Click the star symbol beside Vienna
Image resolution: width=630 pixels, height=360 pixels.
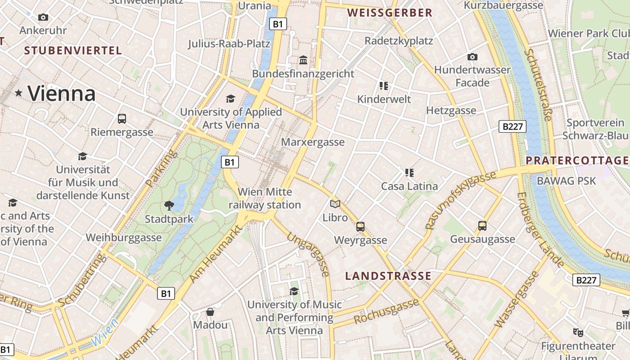pos(18,93)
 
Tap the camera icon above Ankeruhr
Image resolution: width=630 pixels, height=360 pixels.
pos(43,17)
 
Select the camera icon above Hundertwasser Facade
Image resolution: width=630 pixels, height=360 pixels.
pos(472,57)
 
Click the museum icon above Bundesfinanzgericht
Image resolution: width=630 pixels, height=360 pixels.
pos(303,60)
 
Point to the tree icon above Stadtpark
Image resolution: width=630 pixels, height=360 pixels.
pos(169,206)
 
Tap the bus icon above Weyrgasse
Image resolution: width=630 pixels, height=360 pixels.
pos(360,226)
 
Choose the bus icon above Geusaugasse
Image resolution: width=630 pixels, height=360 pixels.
pos(482,225)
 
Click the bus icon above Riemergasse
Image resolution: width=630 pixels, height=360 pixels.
pos(122,119)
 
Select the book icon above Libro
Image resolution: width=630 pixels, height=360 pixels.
pos(335,204)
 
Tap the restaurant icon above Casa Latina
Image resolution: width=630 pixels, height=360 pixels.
pos(409,172)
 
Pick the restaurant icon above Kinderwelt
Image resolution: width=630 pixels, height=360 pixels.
pos(383,85)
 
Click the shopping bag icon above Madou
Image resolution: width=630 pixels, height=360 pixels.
pos(210,311)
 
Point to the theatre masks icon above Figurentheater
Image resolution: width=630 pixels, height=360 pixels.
pos(578,333)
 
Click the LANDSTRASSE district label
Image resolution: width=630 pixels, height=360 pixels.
pos(388,276)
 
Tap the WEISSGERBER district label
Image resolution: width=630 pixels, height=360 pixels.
pos(390,13)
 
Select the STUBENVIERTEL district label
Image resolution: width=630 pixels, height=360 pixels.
pos(73,50)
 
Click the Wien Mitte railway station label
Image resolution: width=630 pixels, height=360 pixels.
pos(265,198)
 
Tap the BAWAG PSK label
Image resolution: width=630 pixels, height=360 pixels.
pos(566,181)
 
